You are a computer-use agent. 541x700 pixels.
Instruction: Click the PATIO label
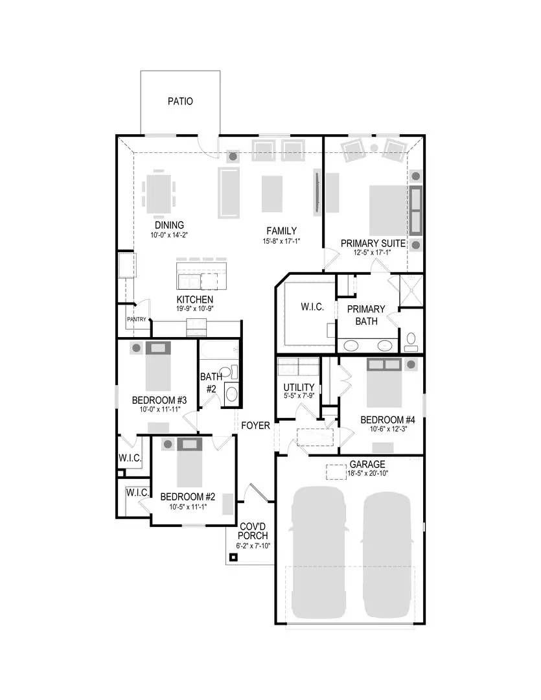click(x=180, y=101)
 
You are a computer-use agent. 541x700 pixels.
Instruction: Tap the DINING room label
click(x=169, y=225)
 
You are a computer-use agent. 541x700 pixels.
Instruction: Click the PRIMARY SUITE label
click(x=373, y=243)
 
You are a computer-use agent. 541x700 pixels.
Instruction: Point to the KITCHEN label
click(x=195, y=299)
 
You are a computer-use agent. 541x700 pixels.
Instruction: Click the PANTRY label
click(x=136, y=319)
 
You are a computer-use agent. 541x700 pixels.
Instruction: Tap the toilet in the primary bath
click(x=411, y=340)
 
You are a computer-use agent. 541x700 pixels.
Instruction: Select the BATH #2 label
click(x=211, y=382)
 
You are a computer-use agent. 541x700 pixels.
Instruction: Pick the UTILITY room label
click(x=299, y=388)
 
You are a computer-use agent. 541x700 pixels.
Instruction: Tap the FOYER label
click(x=255, y=426)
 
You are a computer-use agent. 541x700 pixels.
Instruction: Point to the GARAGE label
click(x=367, y=465)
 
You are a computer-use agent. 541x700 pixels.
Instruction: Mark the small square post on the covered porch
click(x=233, y=557)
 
